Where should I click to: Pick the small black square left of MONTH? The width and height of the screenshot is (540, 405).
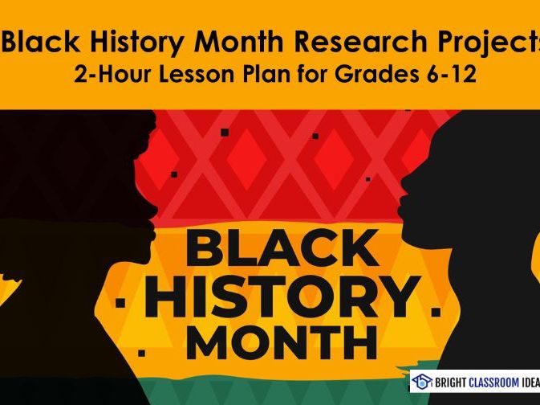click(x=141, y=352)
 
